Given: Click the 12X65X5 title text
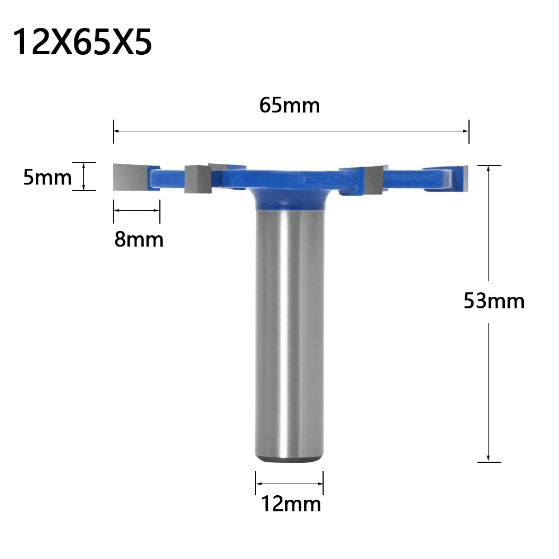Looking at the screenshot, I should tap(82, 42).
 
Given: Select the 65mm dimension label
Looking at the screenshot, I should tap(290, 105).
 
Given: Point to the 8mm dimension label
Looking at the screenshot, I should tap(139, 239).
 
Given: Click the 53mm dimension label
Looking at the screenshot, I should tap(494, 301).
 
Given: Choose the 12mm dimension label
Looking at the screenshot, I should tap(291, 504).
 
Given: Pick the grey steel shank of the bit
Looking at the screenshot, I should tap(290, 335).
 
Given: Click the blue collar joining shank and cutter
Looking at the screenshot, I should tap(290, 198).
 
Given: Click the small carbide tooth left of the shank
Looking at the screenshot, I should tap(196, 179).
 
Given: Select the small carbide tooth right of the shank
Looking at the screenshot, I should tap(372, 178).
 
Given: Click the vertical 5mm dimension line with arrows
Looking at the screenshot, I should tap(84, 177).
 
